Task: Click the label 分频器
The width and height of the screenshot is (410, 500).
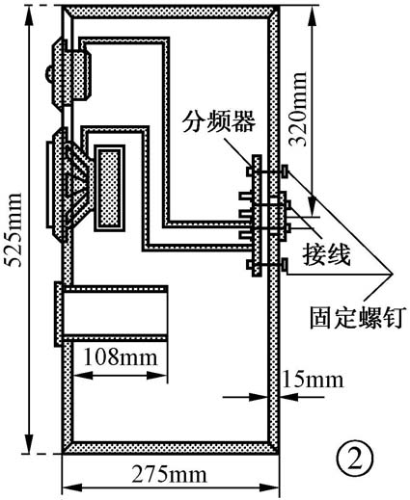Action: (220, 123)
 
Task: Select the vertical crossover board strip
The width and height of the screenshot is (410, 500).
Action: (255, 217)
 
